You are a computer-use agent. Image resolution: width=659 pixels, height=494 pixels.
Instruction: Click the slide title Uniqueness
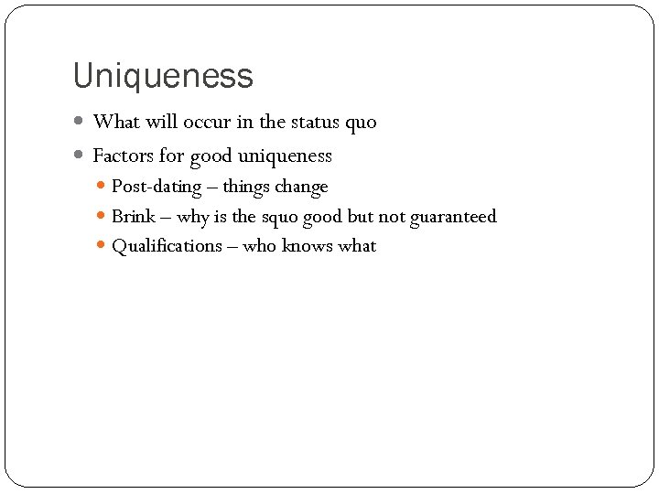click(163, 76)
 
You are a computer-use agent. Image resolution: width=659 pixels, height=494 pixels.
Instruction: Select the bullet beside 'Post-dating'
click(102, 187)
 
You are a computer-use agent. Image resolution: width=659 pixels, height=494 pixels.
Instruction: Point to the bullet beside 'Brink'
click(102, 217)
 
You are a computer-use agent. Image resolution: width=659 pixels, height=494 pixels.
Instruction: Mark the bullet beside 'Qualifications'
click(102, 246)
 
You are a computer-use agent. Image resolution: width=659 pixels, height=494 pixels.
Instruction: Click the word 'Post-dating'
click(156, 188)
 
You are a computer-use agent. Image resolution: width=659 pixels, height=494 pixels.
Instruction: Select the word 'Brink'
click(133, 217)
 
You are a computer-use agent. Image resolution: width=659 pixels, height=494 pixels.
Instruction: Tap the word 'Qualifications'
click(167, 246)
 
